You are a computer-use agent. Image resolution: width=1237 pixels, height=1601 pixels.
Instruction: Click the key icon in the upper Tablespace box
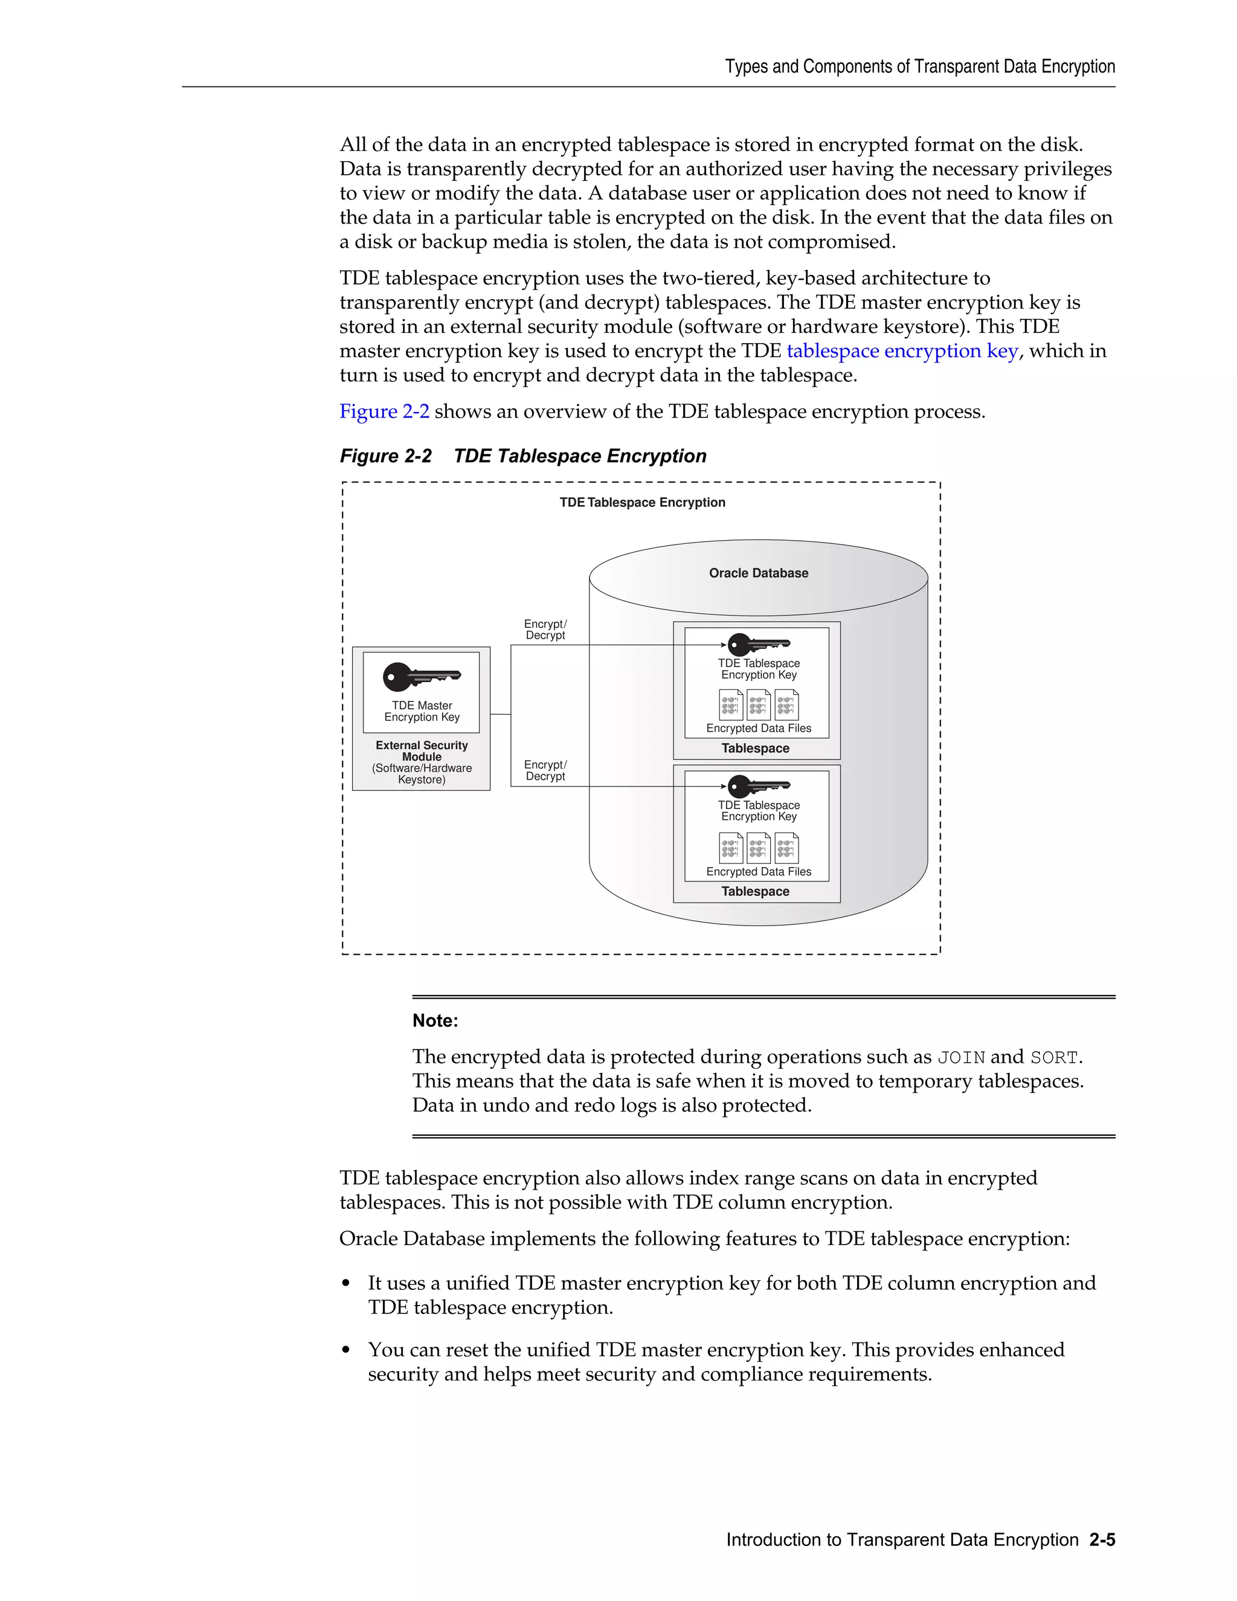[x=758, y=645]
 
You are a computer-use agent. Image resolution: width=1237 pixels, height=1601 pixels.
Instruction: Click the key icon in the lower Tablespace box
[x=758, y=786]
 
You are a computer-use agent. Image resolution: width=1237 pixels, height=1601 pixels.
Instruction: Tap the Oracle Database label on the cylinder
[x=759, y=573]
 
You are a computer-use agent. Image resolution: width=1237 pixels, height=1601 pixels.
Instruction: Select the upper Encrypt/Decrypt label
[x=545, y=630]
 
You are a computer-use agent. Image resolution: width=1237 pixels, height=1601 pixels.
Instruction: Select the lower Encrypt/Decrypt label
[x=545, y=770]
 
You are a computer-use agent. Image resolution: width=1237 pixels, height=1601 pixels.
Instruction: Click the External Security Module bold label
[x=422, y=750]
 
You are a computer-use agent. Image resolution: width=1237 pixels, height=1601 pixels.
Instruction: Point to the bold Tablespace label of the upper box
[x=755, y=749]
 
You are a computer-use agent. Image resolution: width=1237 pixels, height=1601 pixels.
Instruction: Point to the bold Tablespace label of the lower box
[x=755, y=891]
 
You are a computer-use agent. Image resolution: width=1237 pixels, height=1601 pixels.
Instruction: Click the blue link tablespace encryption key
[x=901, y=351]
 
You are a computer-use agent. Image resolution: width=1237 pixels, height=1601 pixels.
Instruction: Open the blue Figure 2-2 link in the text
[x=384, y=411]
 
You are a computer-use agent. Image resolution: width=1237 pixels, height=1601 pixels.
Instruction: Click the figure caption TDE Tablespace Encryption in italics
[x=579, y=456]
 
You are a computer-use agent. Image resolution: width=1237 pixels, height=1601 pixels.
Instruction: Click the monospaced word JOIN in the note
[x=961, y=1058]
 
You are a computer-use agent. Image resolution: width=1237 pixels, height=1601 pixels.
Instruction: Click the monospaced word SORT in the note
[x=1054, y=1058]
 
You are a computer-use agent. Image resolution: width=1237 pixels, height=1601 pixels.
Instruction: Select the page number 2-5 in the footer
[x=1102, y=1539]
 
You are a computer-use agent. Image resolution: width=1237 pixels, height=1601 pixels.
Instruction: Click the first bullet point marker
[x=346, y=1284]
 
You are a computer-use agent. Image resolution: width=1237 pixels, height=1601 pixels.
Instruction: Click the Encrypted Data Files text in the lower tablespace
[x=759, y=872]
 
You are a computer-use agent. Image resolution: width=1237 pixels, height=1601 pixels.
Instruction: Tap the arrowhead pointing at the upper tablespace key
[x=723, y=645]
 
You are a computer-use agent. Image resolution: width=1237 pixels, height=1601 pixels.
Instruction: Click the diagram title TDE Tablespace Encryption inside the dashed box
[x=642, y=502]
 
